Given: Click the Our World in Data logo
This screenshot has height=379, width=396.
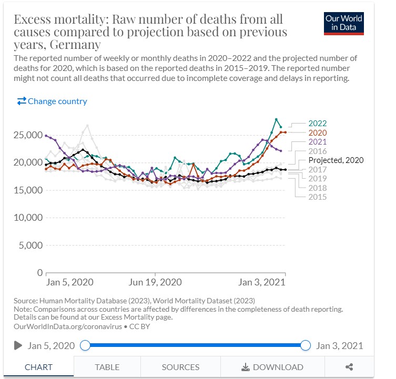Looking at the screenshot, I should pyautogui.click(x=344, y=23).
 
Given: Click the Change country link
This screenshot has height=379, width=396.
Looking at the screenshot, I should pyautogui.click(x=52, y=101).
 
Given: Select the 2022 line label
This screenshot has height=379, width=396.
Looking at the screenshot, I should pyautogui.click(x=318, y=124).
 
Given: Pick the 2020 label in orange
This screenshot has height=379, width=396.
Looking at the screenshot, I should pyautogui.click(x=318, y=133).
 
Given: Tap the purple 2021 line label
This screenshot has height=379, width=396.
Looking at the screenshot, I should pyautogui.click(x=318, y=142).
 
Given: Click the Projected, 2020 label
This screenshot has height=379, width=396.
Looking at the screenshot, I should pyautogui.click(x=336, y=160).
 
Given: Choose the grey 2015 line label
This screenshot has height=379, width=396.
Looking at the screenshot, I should pyautogui.click(x=318, y=197).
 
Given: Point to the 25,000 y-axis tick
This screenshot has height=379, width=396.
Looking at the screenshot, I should pyautogui.click(x=27, y=135).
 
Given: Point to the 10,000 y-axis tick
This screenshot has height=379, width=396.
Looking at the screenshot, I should pyautogui.click(x=27, y=218).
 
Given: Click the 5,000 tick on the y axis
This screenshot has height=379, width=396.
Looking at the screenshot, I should pyautogui.click(x=30, y=245).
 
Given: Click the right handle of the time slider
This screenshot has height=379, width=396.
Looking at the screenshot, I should pyautogui.click(x=306, y=345).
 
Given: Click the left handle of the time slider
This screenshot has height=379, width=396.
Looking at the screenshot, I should pyautogui.click(x=85, y=345).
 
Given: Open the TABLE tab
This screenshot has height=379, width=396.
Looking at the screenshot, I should pyautogui.click(x=107, y=367).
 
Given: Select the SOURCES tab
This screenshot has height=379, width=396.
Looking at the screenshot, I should pyautogui.click(x=180, y=367).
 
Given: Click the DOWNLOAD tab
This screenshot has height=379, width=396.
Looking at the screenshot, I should pyautogui.click(x=272, y=367).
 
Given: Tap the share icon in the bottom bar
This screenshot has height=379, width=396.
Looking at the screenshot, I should pyautogui.click(x=349, y=367).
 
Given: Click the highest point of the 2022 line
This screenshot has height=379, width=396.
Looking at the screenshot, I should pyautogui.click(x=276, y=119).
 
